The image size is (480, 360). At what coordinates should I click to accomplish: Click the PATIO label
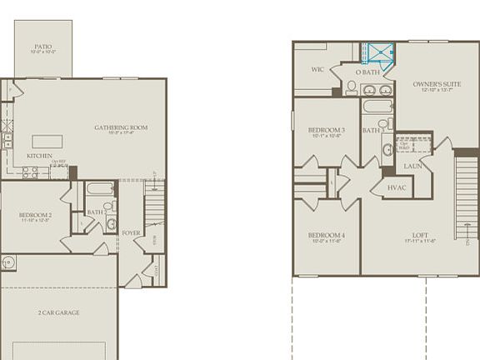(x=42, y=47)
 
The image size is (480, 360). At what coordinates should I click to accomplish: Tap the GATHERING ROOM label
(x=121, y=127)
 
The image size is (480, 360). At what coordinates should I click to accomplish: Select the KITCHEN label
(x=39, y=156)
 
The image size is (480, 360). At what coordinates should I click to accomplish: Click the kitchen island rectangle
(x=47, y=141)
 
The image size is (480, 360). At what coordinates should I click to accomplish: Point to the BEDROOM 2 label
(x=36, y=215)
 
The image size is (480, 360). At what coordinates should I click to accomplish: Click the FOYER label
(x=131, y=233)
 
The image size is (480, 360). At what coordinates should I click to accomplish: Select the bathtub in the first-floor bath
(x=100, y=188)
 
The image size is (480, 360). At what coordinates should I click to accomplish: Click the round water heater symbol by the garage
(x=7, y=263)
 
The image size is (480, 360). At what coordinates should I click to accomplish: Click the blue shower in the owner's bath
(x=380, y=52)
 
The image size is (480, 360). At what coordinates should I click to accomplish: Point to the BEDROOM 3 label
(x=326, y=130)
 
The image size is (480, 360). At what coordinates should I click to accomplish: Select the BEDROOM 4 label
(x=326, y=236)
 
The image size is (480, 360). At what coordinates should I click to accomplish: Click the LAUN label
(x=412, y=166)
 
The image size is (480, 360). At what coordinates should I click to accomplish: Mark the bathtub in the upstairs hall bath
(x=377, y=107)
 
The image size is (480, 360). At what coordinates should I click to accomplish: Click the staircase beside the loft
(x=466, y=197)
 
